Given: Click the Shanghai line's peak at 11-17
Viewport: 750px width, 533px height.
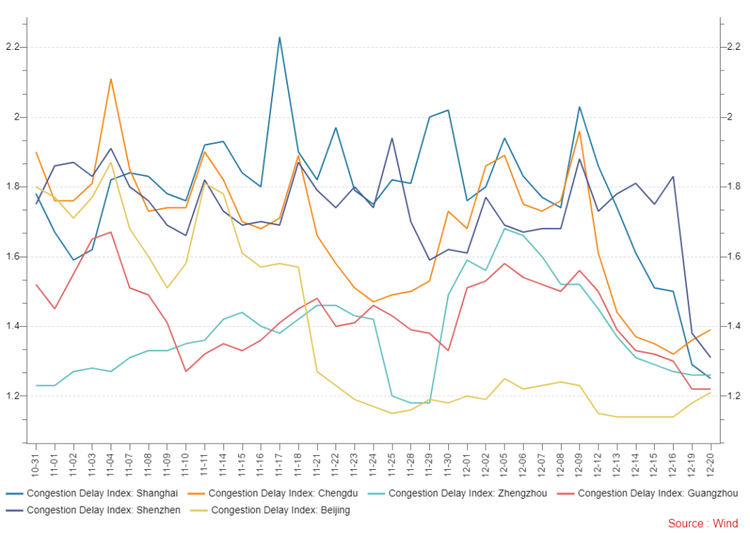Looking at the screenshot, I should (x=280, y=37).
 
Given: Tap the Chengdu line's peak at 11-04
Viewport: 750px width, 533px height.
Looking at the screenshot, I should (x=111, y=79).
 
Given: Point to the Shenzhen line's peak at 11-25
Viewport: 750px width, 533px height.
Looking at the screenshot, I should (x=392, y=139).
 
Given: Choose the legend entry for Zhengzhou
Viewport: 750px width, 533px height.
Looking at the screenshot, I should (x=467, y=493).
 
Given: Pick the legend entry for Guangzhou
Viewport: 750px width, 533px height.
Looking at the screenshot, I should (x=657, y=493).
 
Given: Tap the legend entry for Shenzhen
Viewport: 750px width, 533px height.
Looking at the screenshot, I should (x=102, y=510).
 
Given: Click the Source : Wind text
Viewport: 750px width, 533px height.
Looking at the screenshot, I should (x=702, y=523).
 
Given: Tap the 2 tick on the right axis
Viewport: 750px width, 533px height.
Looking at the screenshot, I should (x=729, y=117).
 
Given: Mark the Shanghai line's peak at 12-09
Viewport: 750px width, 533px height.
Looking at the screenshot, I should (x=579, y=107).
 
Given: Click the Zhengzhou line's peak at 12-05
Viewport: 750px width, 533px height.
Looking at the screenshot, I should (x=505, y=229).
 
